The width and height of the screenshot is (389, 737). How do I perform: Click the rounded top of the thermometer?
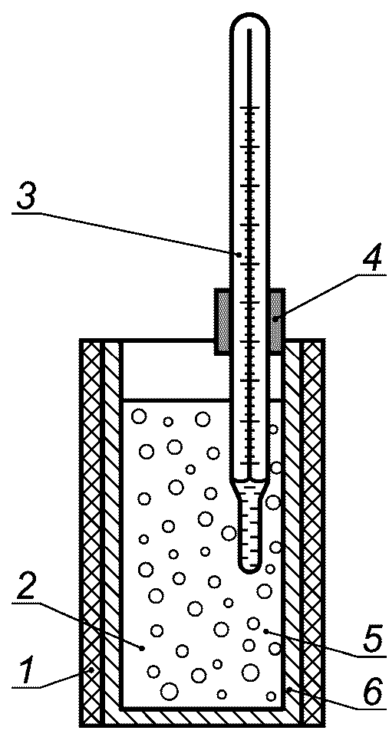pos(252,21)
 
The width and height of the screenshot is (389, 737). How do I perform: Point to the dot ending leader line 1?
pos(92,669)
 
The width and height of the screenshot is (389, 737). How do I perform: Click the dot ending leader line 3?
pos(239,255)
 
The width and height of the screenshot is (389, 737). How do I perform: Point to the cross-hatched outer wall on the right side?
pos(313,531)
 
